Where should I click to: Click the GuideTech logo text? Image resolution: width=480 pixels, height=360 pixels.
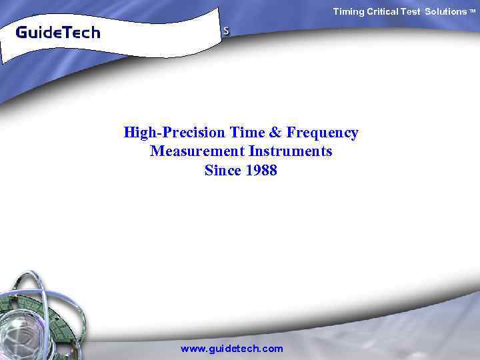pos(57,32)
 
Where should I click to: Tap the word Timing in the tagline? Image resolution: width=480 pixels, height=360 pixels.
pos(349,11)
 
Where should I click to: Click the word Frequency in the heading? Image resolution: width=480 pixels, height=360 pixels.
pos(323,133)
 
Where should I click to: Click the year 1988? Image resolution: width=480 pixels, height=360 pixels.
pos(261,170)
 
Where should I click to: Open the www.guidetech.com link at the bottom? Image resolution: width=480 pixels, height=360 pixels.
pos(232,349)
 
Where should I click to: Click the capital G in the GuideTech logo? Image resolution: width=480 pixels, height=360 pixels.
pos(21,32)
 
